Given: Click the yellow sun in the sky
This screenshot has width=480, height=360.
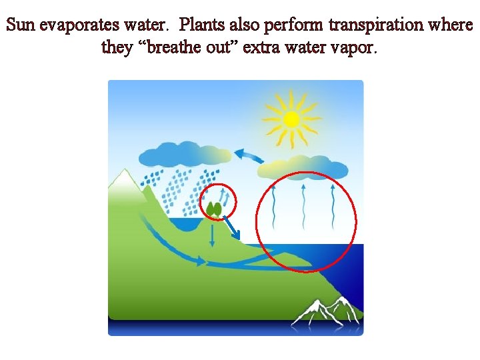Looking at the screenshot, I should [x=291, y=119].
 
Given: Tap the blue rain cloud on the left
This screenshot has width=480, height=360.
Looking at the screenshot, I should [x=181, y=157].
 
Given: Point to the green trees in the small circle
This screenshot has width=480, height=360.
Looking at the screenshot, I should [x=214, y=209].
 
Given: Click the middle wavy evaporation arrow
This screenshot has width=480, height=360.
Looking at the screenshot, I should [x=303, y=206].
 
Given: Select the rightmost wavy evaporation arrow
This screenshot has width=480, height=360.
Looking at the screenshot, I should [x=333, y=206].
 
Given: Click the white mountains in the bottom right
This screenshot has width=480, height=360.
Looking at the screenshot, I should [x=326, y=313].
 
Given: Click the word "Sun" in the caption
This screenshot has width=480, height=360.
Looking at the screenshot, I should [x=21, y=26].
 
